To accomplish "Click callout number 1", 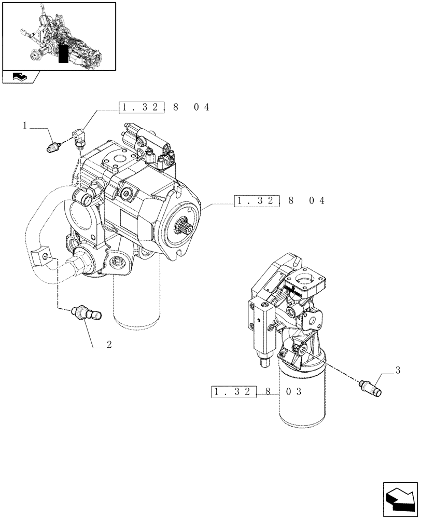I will [x=24, y=125].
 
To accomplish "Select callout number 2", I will [x=109, y=345].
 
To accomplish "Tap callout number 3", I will [x=398, y=370].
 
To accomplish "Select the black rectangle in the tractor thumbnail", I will [x=63, y=54].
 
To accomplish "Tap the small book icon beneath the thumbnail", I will [x=20, y=77].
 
